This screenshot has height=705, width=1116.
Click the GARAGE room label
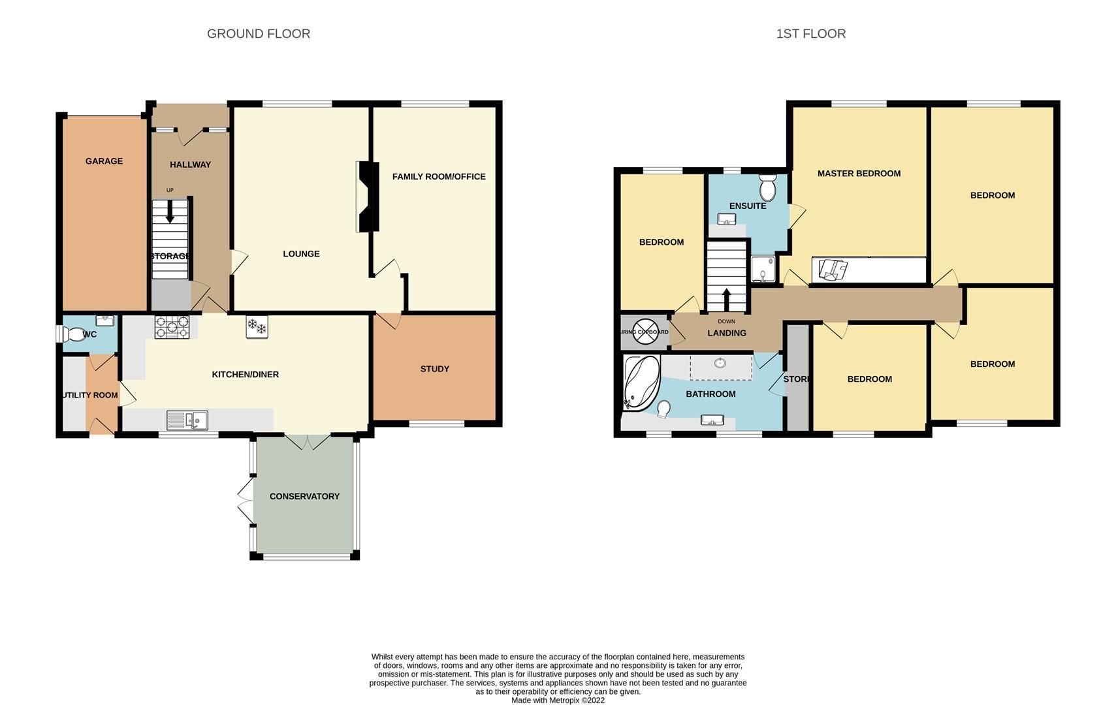tap(104, 161)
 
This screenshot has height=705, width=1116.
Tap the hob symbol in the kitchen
tap(172, 327)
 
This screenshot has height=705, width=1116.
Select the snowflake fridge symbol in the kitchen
tap(257, 327)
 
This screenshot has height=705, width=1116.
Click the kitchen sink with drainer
tap(187, 420)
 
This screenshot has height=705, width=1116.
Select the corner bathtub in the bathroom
tap(641, 383)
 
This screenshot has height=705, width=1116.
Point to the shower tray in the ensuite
tap(763, 270)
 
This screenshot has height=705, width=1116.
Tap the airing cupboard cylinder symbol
tap(646, 332)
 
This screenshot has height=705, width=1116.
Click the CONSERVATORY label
tap(304, 497)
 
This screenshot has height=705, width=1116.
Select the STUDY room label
tap(435, 369)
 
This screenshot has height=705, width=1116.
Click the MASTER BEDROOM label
tap(859, 174)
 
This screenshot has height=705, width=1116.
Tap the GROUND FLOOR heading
tap(259, 34)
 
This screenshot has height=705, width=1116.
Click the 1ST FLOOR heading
tap(810, 34)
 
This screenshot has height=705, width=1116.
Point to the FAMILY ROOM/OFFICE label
tap(439, 177)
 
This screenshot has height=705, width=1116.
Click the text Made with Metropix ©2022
tap(558, 700)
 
